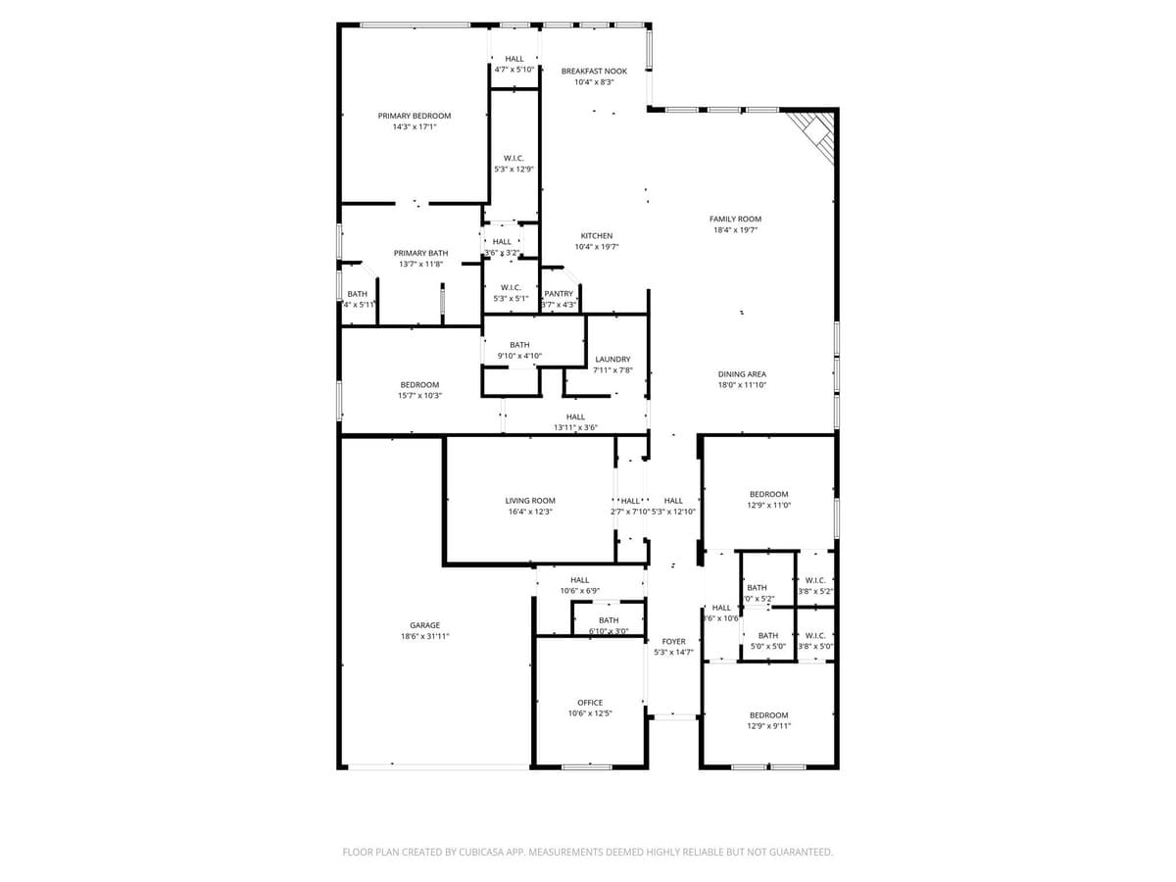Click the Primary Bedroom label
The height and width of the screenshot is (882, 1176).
(415, 116)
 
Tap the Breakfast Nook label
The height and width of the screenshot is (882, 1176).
(594, 72)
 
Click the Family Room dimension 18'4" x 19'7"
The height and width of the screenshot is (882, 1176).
(735, 230)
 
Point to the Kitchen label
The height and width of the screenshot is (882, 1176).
(597, 236)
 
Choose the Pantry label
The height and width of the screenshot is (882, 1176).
(559, 294)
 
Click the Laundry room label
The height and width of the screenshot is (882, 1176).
(612, 360)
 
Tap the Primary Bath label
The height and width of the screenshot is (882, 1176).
(420, 253)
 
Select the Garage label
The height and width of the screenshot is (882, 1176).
(424, 625)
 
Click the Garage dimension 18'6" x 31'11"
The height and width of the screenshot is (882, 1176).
(424, 637)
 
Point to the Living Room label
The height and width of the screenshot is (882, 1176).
(530, 501)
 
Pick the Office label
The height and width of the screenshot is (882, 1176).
(590, 703)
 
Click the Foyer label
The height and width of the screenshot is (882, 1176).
(673, 641)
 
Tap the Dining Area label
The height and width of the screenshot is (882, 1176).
(742, 374)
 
